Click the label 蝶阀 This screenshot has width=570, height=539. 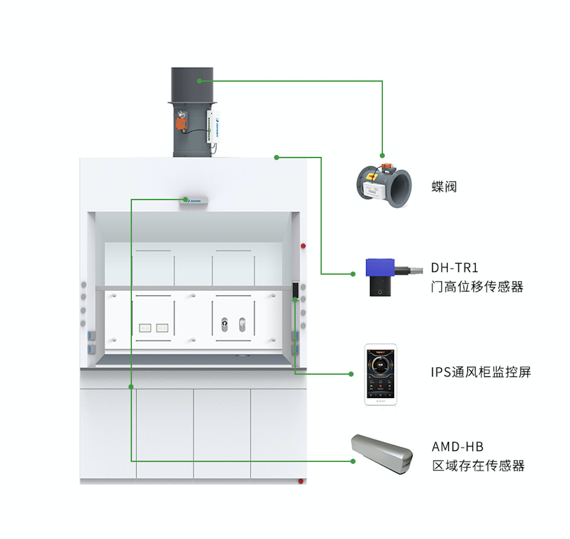[x=444, y=187]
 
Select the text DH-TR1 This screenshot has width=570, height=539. [x=454, y=267]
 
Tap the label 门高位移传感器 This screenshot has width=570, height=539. [x=477, y=286]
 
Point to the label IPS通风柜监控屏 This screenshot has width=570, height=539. [x=480, y=372]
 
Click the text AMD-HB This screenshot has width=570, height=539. [x=457, y=446]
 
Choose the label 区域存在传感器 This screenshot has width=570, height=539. [x=478, y=466]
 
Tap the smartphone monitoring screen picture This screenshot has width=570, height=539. [x=380, y=373]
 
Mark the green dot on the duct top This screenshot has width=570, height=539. [x=199, y=80]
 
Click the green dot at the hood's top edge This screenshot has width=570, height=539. [x=276, y=157]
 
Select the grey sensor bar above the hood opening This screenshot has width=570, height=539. [x=193, y=200]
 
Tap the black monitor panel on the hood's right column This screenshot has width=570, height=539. [x=295, y=291]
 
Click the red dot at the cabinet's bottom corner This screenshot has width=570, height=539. [x=301, y=481]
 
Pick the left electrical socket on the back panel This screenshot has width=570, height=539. [x=145, y=328]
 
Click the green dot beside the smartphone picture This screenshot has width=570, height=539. [x=352, y=373]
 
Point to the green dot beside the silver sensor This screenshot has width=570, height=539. [x=352, y=461]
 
